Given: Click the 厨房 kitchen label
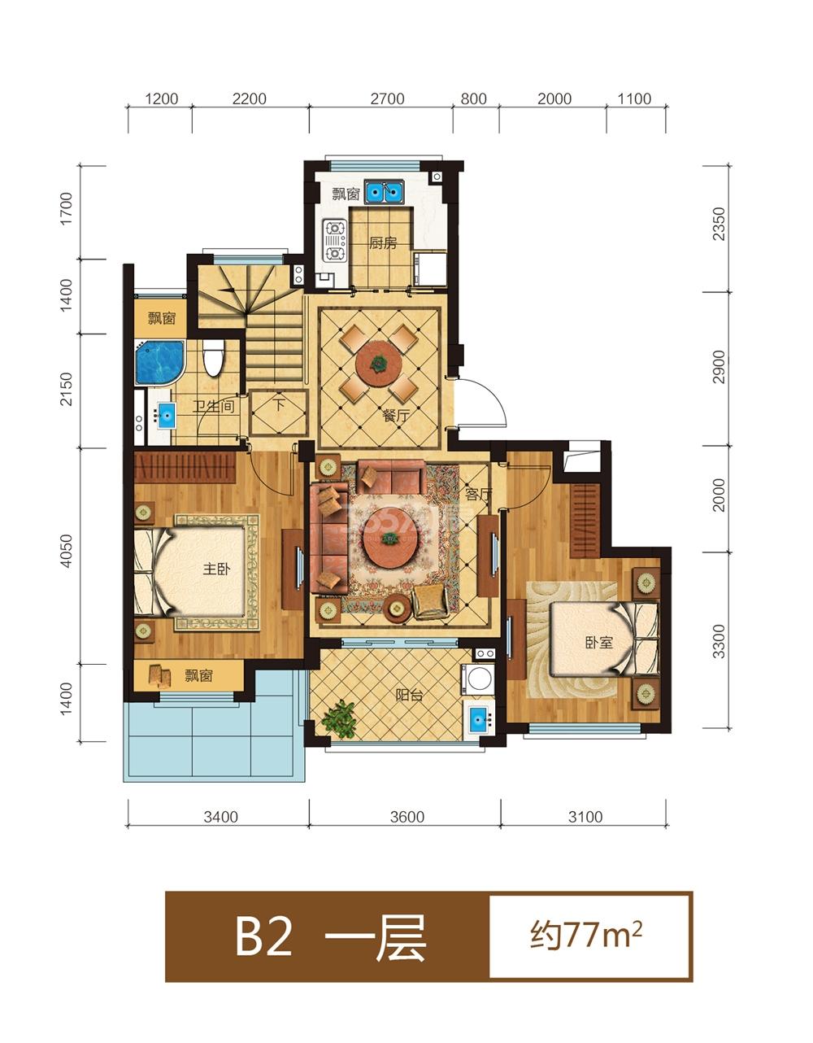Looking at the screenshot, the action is click(x=382, y=243).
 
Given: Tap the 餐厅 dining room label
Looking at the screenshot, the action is click(x=397, y=416).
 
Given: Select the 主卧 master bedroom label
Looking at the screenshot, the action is click(x=216, y=570).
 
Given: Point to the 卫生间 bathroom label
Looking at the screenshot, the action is click(x=214, y=407).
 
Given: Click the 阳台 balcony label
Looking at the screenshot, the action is click(x=409, y=695).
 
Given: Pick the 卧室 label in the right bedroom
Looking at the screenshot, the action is click(x=599, y=643).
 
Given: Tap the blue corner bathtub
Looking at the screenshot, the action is click(x=159, y=362).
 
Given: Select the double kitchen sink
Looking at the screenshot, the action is click(x=384, y=193).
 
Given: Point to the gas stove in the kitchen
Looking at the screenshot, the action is click(x=334, y=241).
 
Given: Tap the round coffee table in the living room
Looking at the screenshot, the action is click(x=387, y=541).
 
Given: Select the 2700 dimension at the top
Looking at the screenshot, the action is click(x=387, y=99).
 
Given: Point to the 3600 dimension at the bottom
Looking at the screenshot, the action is click(x=406, y=817).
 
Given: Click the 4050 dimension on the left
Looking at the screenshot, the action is click(x=66, y=551).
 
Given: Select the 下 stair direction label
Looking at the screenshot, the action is click(x=279, y=404).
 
